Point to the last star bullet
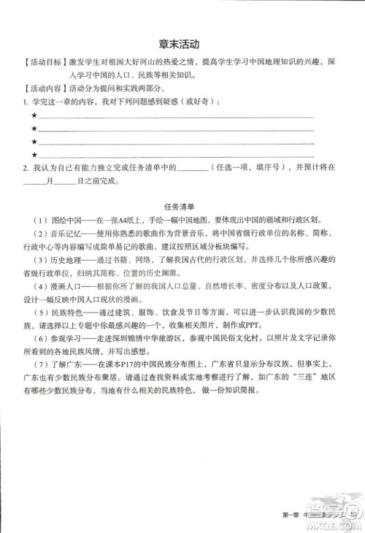(x=34, y=155)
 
